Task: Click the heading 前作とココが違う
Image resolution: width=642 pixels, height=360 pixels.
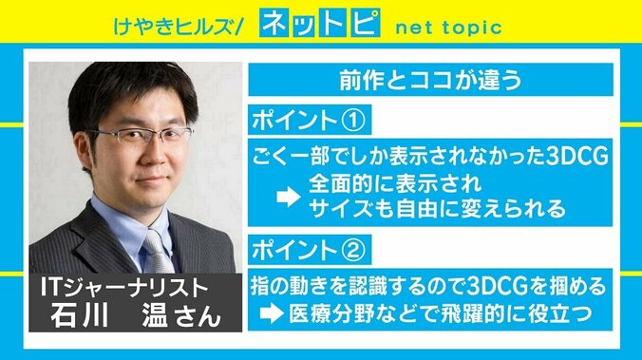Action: tap(429, 82)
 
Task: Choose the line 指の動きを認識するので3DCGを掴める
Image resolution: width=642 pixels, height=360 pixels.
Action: tap(429, 286)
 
